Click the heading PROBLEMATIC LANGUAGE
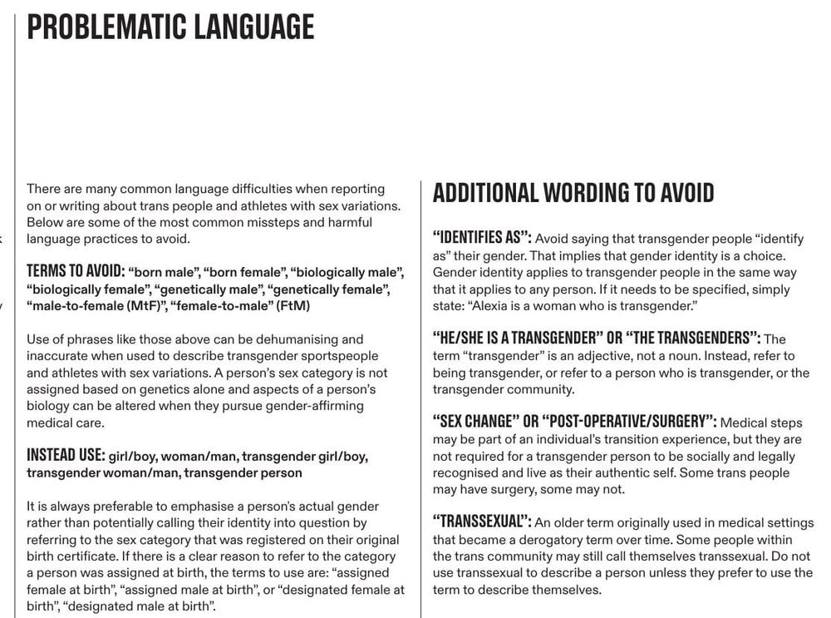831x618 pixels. pos(170,27)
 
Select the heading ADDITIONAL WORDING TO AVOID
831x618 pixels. pos(573,193)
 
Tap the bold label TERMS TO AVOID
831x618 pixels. pos(75,272)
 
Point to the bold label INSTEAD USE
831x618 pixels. pos(66,456)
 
